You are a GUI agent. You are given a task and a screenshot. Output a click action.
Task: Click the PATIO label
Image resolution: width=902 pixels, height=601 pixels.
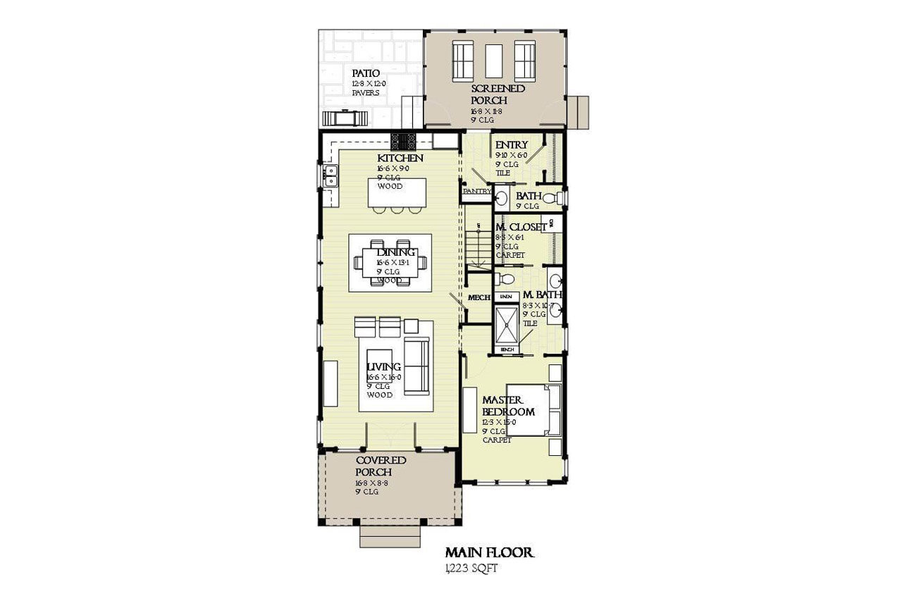pyautogui.click(x=366, y=73)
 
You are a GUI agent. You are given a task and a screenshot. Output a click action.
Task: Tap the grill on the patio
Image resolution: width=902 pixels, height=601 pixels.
pyautogui.click(x=345, y=118)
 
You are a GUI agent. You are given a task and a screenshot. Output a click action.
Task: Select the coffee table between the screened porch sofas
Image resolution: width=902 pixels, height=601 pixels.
pyautogui.click(x=494, y=61)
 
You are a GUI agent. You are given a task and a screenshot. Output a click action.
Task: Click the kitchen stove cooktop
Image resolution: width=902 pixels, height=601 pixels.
pyautogui.click(x=404, y=140)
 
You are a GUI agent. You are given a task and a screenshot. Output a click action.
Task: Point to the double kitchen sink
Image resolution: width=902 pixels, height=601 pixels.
pyautogui.click(x=330, y=175)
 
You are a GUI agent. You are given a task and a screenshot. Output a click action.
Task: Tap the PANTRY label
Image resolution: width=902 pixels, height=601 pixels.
pyautogui.click(x=476, y=191)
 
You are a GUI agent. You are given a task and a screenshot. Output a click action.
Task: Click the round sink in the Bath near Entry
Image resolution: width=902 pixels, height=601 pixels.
pyautogui.click(x=502, y=197)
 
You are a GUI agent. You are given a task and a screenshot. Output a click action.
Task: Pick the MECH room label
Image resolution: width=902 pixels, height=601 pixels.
pyautogui.click(x=479, y=297)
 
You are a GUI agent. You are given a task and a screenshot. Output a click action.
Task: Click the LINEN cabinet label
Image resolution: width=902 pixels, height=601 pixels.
pyautogui.click(x=505, y=297)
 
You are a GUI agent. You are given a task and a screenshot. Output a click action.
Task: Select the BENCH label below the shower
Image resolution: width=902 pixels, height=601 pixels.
pyautogui.click(x=506, y=349)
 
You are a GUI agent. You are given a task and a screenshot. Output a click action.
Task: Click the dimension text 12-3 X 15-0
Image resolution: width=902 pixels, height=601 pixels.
pyautogui.click(x=499, y=422)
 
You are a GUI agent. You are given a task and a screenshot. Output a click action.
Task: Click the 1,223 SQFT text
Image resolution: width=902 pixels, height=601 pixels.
pyautogui.click(x=471, y=569)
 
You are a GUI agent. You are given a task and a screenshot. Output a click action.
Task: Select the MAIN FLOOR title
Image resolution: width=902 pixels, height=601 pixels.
pyautogui.click(x=489, y=552)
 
